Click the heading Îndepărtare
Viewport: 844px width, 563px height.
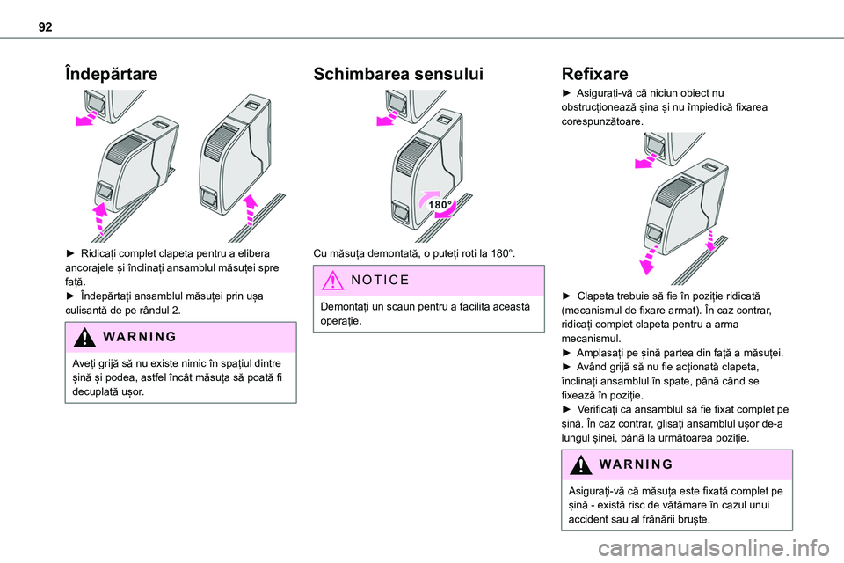pyautogui.click(x=111, y=74)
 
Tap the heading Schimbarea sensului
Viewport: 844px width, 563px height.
pyautogui.click(x=398, y=74)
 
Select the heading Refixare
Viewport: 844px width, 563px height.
pyautogui.click(x=594, y=74)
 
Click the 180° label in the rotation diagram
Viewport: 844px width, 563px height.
pyautogui.click(x=439, y=204)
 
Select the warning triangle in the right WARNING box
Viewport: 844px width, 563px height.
pyautogui.click(x=585, y=464)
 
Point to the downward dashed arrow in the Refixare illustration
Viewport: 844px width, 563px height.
pyautogui.click(x=649, y=262)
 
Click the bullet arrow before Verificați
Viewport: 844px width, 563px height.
pyautogui.click(x=567, y=409)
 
